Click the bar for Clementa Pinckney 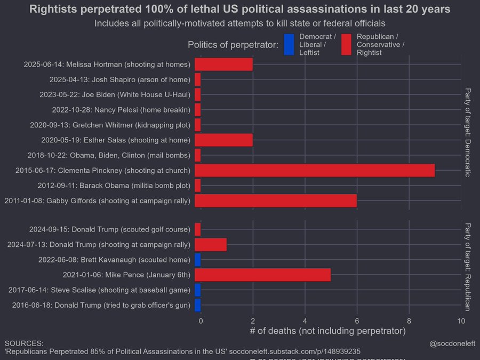click(x=315, y=170)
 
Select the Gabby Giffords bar click(x=276, y=201)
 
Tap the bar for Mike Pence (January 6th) click(x=262, y=275)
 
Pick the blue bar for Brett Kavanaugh click(x=197, y=260)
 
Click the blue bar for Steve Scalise click(x=197, y=290)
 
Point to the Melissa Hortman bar click(x=223, y=65)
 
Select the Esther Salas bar click(x=223, y=140)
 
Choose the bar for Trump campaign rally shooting click(x=211, y=245)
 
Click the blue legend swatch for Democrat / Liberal click(x=289, y=45)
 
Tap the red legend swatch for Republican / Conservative click(x=346, y=45)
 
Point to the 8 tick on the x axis click(x=409, y=321)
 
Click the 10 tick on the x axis click(x=461, y=321)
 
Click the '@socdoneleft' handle click(x=452, y=343)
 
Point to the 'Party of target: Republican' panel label click(x=468, y=266)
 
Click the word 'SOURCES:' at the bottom click(x=24, y=343)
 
